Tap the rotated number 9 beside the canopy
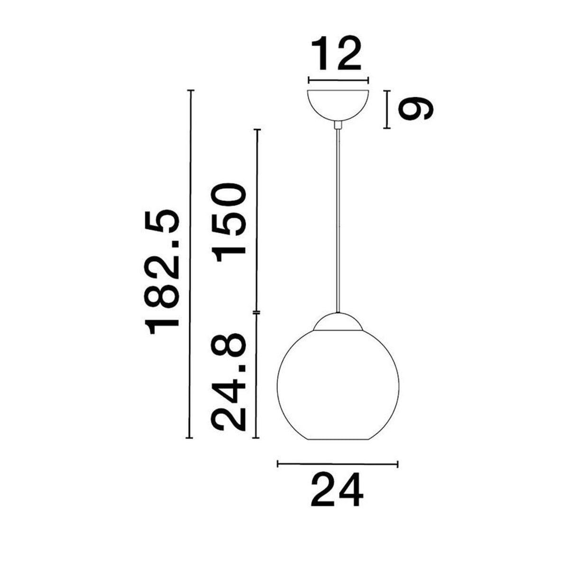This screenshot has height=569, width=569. [416, 109]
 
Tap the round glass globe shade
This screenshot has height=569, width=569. [338, 384]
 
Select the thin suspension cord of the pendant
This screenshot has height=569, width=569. [338, 218]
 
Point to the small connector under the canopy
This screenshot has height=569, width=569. [338, 125]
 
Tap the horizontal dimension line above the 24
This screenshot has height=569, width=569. [338, 463]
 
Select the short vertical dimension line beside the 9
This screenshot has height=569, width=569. [388, 109]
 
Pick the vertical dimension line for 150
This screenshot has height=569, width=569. [257, 220]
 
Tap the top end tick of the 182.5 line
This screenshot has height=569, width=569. [191, 90]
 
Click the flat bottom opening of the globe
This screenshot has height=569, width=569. [338, 438]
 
